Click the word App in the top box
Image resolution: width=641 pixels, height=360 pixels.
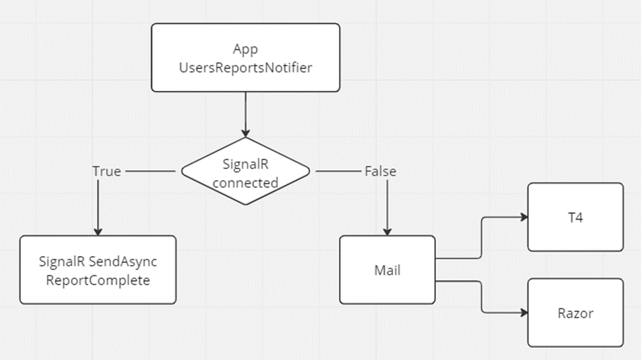[x=245, y=49]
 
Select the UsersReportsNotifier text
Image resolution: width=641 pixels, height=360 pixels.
[x=245, y=68]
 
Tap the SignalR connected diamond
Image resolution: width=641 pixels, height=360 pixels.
[x=246, y=171]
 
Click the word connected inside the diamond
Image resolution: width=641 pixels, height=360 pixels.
[x=246, y=183]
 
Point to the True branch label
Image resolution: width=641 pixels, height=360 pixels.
[x=106, y=171]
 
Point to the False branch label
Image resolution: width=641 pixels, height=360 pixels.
[x=380, y=171]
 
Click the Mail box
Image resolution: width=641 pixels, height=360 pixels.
[x=387, y=270]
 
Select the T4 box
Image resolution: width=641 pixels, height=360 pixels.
[x=575, y=217]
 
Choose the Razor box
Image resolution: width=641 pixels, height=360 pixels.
[x=575, y=313]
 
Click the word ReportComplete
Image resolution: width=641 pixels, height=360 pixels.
[x=98, y=280]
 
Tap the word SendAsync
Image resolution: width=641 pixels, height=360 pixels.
[x=129, y=262]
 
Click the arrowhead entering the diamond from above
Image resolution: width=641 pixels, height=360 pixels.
[x=246, y=133]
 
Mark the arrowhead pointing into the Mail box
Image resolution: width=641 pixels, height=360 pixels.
[x=387, y=231]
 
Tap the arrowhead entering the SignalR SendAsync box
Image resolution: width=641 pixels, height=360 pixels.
[x=98, y=231]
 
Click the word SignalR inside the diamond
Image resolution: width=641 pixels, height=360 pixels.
[x=246, y=165]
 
